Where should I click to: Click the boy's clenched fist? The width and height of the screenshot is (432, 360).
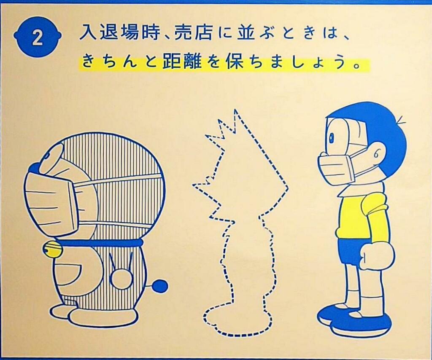click(x=375, y=255)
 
